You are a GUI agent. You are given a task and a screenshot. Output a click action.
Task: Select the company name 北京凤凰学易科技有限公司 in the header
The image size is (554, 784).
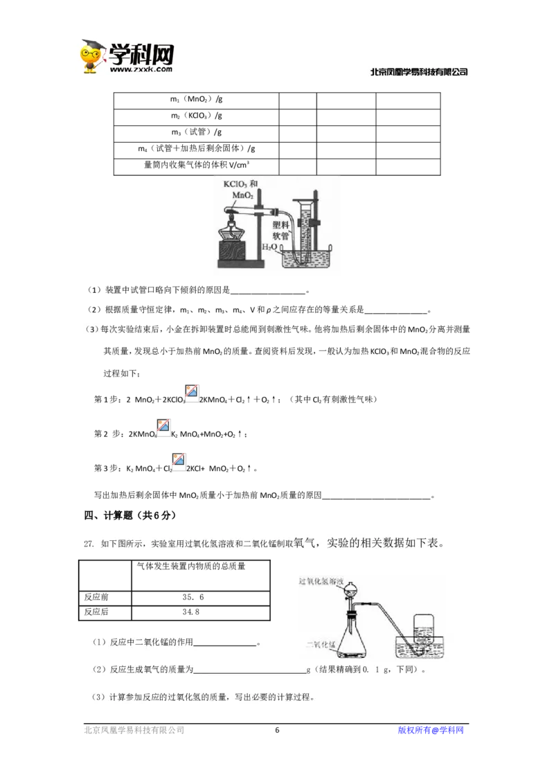pyautogui.click(x=418, y=72)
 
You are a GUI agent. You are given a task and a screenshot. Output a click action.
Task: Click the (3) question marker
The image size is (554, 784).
pyautogui.click(x=92, y=330)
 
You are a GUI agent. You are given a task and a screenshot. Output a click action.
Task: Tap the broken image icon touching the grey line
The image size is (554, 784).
pyautogui.click(x=163, y=426)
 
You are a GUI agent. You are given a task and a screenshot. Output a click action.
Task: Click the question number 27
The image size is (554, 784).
pyautogui.click(x=89, y=544)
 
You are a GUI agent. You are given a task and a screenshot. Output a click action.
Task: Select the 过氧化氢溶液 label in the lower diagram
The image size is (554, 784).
pyautogui.click(x=323, y=580)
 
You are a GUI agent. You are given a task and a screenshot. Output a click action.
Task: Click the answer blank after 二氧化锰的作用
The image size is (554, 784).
pyautogui.click(x=225, y=643)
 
